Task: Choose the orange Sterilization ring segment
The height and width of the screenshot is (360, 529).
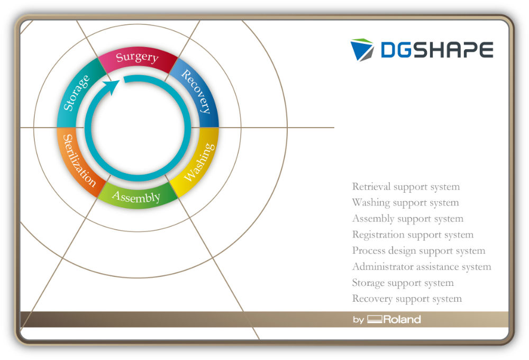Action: tap(77, 162)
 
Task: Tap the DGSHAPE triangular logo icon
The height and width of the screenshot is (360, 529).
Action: tap(362, 49)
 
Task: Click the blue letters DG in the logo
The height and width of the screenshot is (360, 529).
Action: tap(396, 50)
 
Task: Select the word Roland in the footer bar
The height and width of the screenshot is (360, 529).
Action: tap(402, 319)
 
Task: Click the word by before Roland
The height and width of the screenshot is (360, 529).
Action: tap(358, 319)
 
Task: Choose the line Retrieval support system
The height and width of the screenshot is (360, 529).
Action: tap(406, 187)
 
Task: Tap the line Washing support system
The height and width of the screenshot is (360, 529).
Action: tap(406, 203)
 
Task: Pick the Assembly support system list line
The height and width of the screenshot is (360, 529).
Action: tap(407, 219)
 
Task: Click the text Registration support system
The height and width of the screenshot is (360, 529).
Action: tap(413, 235)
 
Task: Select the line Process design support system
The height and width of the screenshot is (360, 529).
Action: tap(418, 251)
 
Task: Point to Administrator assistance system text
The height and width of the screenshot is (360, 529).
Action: tap(422, 267)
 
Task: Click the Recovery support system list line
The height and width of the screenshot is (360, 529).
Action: tap(407, 299)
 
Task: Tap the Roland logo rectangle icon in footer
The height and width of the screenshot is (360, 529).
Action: tap(375, 319)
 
